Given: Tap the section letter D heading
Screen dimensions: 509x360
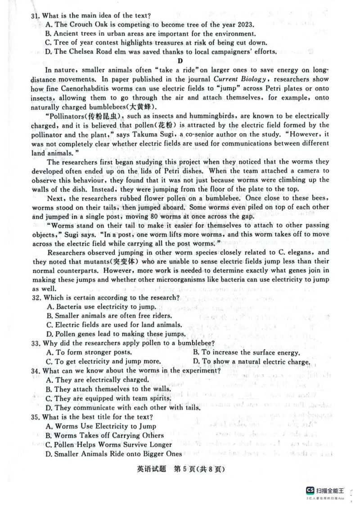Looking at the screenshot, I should [x=180, y=61].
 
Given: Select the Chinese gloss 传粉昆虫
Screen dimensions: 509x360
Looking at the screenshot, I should [x=93, y=116].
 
